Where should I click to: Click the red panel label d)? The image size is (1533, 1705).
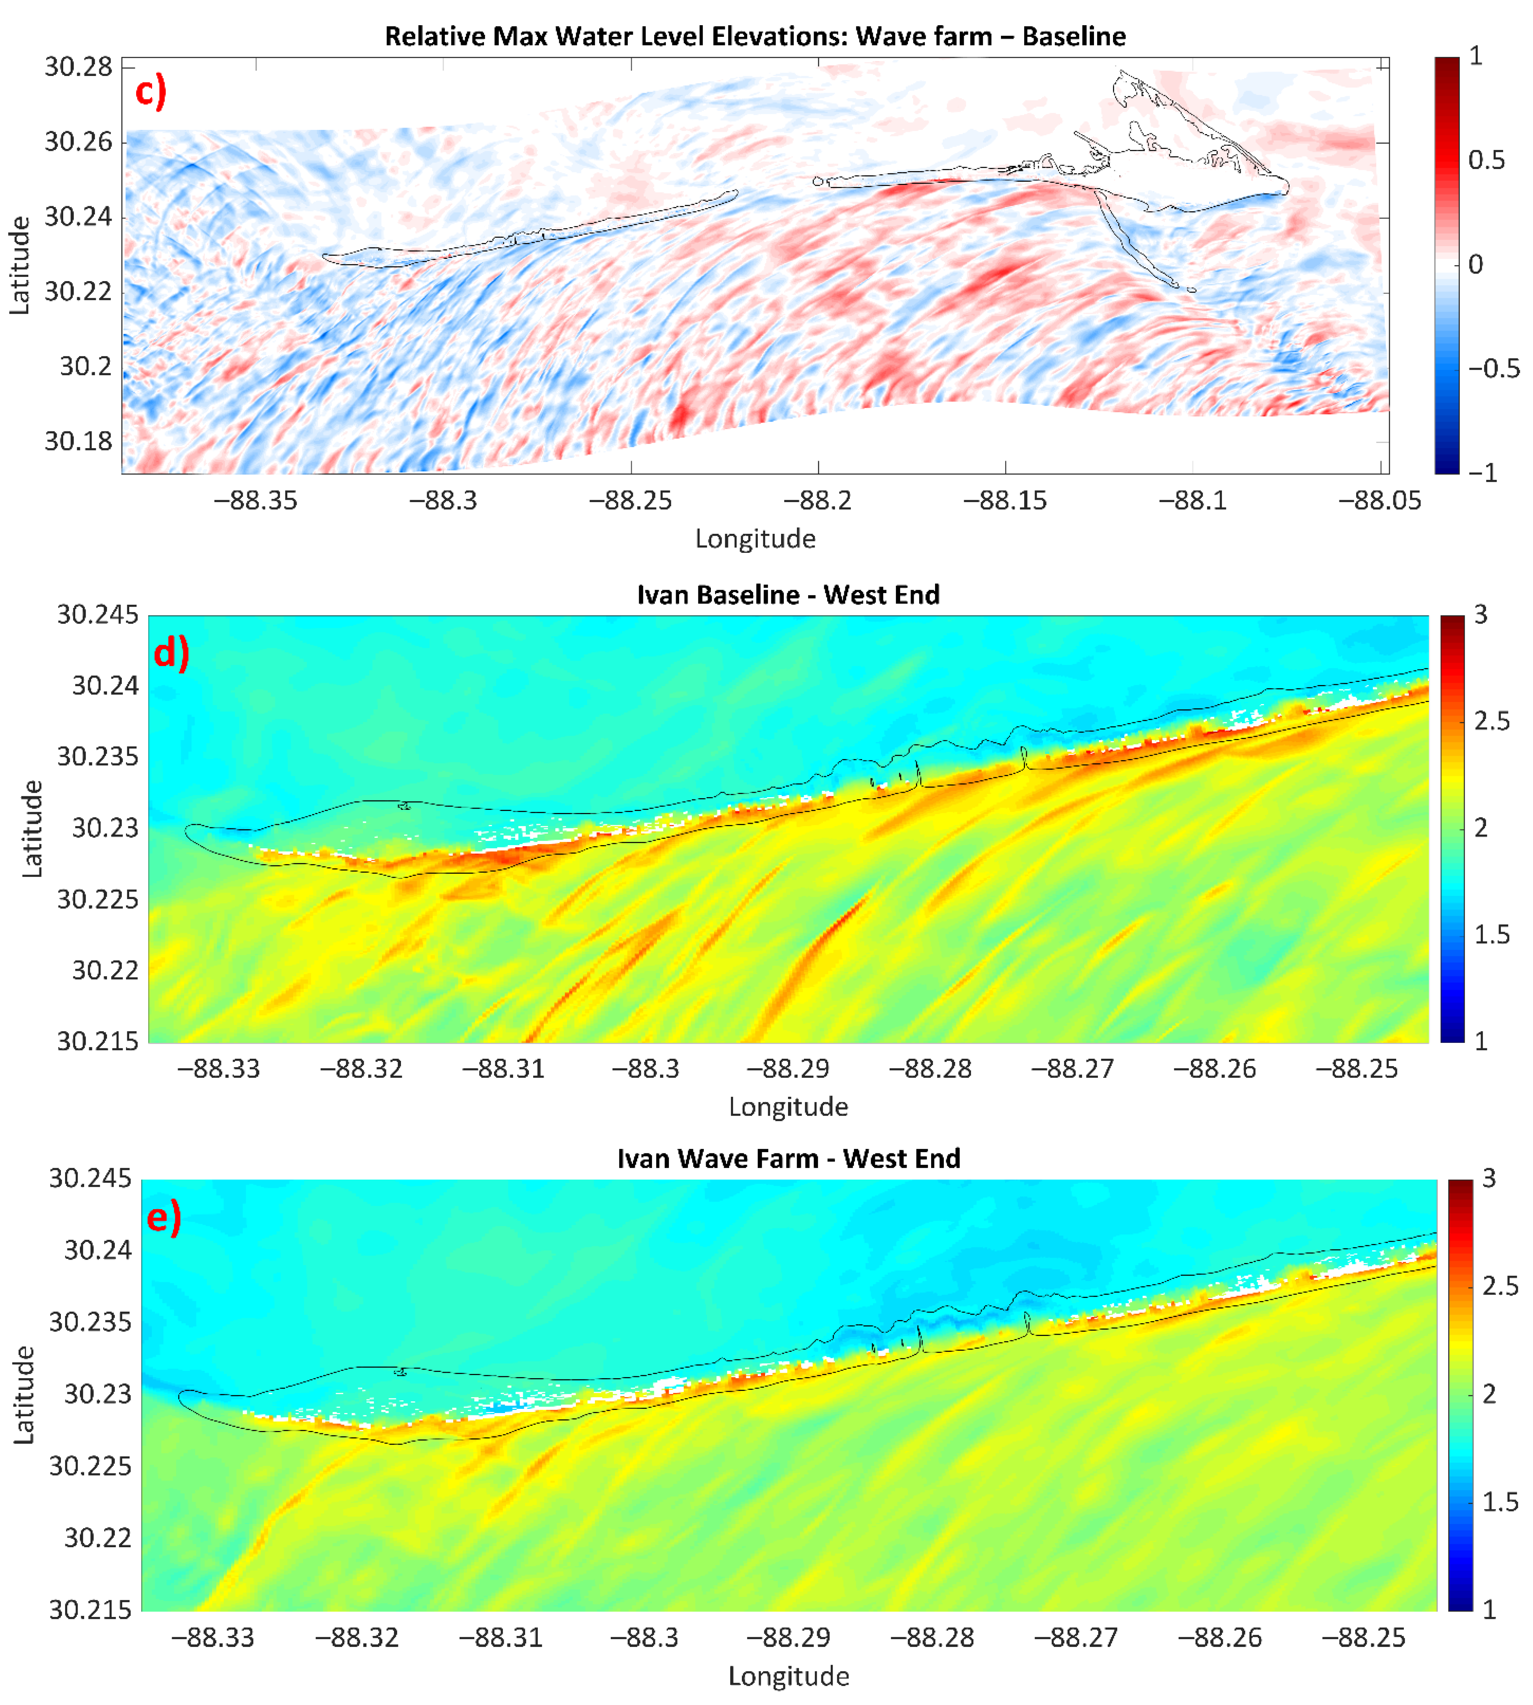coord(171,652)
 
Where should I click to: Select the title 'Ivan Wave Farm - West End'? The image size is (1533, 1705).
coord(788,1158)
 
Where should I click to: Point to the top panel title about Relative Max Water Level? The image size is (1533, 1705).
coord(755,36)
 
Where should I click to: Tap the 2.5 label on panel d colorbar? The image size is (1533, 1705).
coord(1492,721)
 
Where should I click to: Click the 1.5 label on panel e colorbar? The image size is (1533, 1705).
coord(1499,1502)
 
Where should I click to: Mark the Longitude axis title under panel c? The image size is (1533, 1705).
coord(755,539)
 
